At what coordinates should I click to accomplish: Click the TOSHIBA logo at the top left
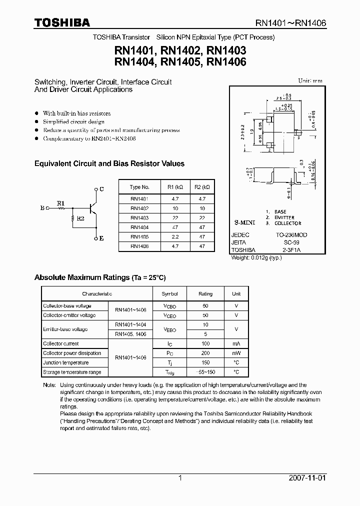pos(62,22)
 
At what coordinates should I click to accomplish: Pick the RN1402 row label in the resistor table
pos(139,208)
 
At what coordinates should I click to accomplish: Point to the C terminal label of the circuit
pos(101,189)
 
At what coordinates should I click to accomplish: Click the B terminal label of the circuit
pos(42,207)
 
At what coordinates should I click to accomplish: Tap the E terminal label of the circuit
pos(101,238)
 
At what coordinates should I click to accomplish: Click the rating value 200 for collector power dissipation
pos(205,353)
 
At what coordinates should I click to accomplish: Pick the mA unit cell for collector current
pos(236,343)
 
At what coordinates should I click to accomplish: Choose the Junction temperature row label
pos(65,362)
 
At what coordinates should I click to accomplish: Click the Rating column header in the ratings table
pos(205,294)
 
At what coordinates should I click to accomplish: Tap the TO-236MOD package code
pos(292,234)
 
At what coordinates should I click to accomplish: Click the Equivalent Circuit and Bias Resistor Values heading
pos(109,163)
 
